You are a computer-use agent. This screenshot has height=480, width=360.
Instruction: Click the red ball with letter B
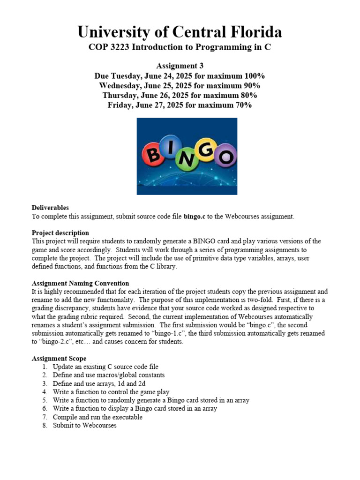152,154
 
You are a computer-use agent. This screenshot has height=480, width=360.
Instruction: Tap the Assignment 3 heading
180,66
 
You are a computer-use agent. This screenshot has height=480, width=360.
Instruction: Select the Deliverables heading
50,208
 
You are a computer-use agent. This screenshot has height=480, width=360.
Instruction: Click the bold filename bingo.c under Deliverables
195,217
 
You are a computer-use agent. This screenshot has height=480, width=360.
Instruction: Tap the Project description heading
60,233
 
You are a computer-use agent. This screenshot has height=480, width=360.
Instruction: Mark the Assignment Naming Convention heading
80,283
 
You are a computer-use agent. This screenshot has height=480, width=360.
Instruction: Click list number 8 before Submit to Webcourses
45,426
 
